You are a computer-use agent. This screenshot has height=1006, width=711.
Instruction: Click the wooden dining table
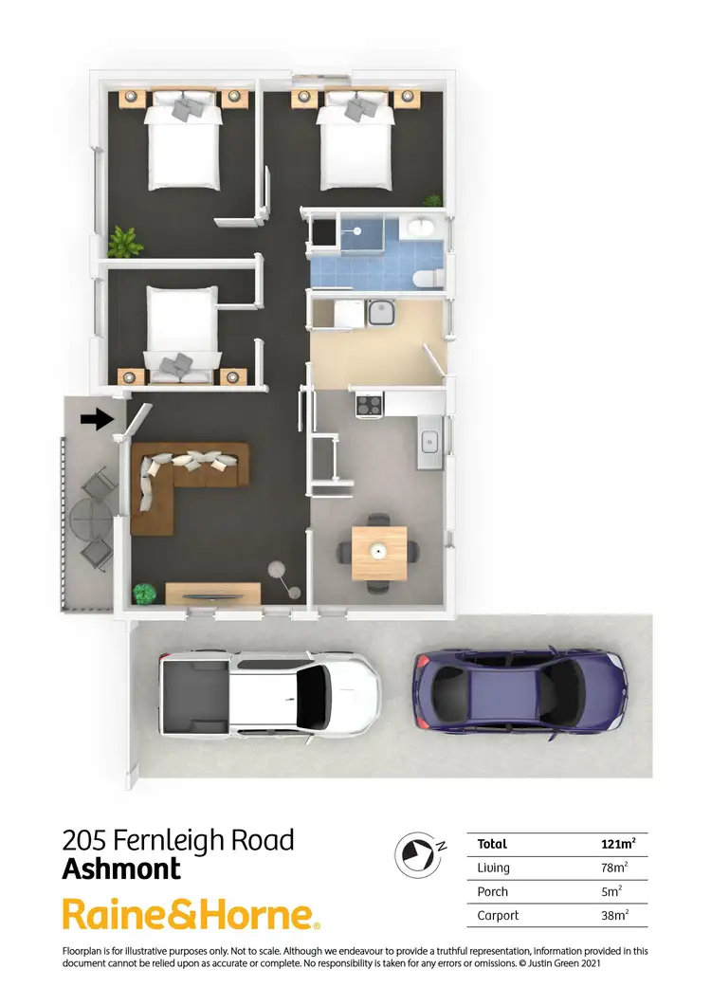(x=379, y=553)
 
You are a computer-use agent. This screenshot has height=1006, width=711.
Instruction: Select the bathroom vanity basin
(x=418, y=228)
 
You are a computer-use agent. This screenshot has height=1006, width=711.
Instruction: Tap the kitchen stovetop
(x=368, y=405)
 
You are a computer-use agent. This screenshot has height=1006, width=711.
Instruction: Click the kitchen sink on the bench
(x=429, y=440)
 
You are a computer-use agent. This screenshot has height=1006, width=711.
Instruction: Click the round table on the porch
(x=89, y=517)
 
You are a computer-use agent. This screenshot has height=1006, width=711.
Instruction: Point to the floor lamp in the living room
(x=278, y=569)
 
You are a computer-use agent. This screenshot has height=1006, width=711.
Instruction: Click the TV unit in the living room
(x=212, y=594)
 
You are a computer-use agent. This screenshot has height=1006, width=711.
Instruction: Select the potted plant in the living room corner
(x=144, y=594)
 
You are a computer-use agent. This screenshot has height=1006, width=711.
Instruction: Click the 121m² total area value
(x=618, y=844)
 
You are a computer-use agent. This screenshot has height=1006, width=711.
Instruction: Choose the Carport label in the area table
(x=493, y=916)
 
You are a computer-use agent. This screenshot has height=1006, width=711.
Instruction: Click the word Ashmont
(x=121, y=868)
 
